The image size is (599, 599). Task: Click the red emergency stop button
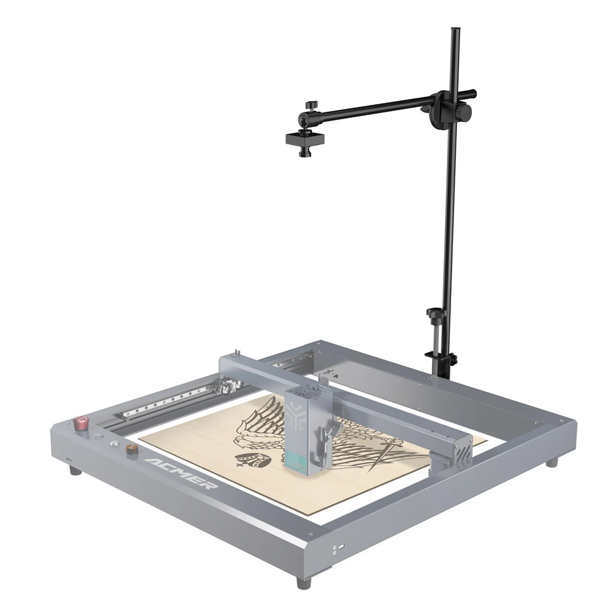80,422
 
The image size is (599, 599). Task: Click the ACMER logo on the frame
179,473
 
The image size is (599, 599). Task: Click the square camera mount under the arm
305,139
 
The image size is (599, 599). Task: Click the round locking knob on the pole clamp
464,112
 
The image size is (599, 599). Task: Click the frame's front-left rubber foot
75,470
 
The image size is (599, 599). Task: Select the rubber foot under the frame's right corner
552,462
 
